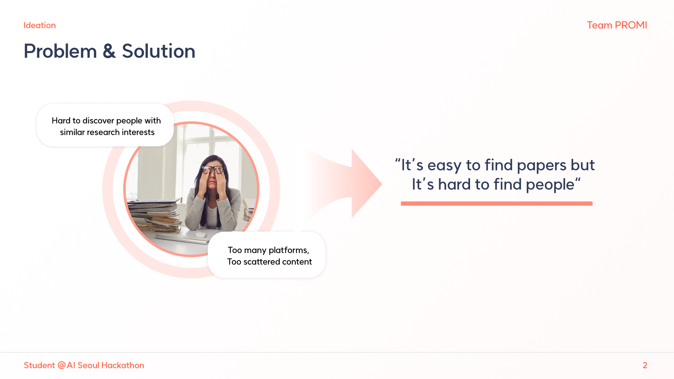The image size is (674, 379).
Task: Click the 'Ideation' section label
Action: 40,25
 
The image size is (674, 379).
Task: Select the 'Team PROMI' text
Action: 617,25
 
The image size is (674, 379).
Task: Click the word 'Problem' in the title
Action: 60,51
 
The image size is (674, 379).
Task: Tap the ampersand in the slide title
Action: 109,51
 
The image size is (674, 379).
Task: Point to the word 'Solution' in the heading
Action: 158,51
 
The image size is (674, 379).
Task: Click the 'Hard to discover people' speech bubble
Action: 105,125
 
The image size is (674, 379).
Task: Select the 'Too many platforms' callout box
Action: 266,255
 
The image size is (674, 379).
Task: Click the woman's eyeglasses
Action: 213,170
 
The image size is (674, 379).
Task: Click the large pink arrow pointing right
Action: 346,184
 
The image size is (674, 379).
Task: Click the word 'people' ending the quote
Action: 550,185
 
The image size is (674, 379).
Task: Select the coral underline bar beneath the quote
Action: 496,204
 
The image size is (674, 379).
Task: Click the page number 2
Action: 645,365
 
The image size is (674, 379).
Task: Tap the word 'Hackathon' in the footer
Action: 123,365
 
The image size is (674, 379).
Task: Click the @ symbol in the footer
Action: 62,365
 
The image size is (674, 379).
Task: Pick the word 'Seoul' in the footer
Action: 88,365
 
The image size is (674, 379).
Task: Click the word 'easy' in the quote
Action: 444,165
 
